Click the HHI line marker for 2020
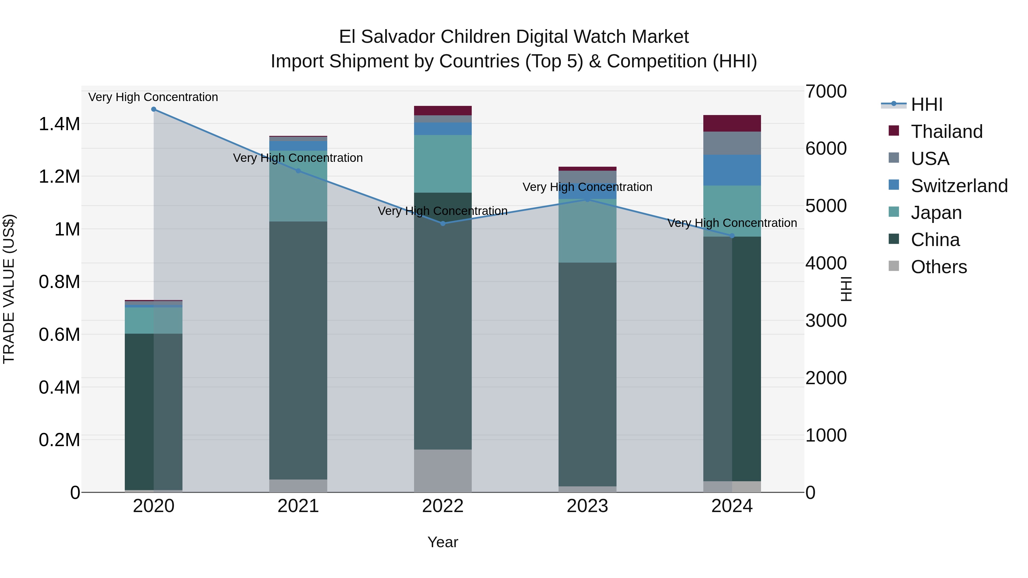[154, 109]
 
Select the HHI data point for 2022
[443, 223]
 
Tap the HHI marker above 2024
[732, 236]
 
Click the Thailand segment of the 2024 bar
[732, 123]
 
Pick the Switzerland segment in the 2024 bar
[732, 170]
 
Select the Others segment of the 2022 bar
[443, 471]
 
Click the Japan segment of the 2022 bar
[443, 164]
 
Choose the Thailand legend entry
[947, 132]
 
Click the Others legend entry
[939, 267]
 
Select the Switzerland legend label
[959, 186]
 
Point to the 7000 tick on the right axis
[826, 91]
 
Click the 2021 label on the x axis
[298, 506]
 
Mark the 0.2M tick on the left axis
[59, 440]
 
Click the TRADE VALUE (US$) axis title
[9, 289]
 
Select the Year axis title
[443, 542]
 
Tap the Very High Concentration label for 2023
[587, 187]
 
